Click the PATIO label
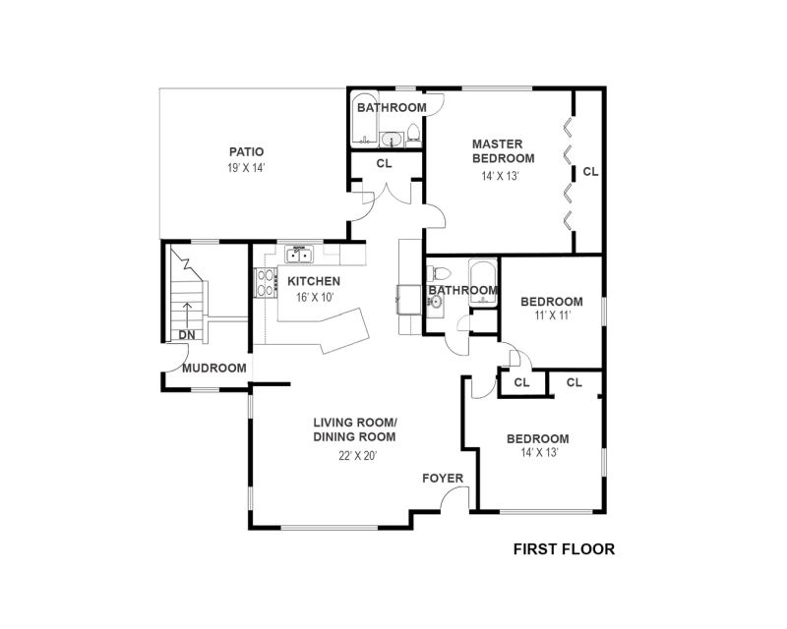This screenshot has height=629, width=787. click(x=247, y=151)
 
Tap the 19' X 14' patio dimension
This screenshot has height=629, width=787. click(x=246, y=167)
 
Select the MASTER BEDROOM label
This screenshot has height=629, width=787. click(x=503, y=151)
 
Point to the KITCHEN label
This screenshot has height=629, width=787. click(x=314, y=281)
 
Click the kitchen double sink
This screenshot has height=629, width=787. click(x=299, y=255)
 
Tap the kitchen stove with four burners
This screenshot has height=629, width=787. click(x=266, y=283)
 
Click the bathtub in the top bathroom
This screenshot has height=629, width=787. click(x=363, y=119)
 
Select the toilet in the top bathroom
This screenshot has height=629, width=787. click(x=413, y=134)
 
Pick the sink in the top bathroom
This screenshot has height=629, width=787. click(x=391, y=139)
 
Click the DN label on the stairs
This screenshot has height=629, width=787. click(x=187, y=335)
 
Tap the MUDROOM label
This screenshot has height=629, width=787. click(x=214, y=369)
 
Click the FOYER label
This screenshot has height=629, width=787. click(x=443, y=478)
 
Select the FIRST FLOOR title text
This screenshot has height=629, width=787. click(x=564, y=549)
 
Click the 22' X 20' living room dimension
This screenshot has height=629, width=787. click(x=357, y=456)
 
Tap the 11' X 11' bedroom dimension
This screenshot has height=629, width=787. click(x=552, y=315)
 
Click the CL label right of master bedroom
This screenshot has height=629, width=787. click(x=590, y=172)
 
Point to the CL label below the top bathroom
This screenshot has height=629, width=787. click(x=384, y=163)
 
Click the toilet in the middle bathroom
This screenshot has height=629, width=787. click(x=439, y=273)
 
